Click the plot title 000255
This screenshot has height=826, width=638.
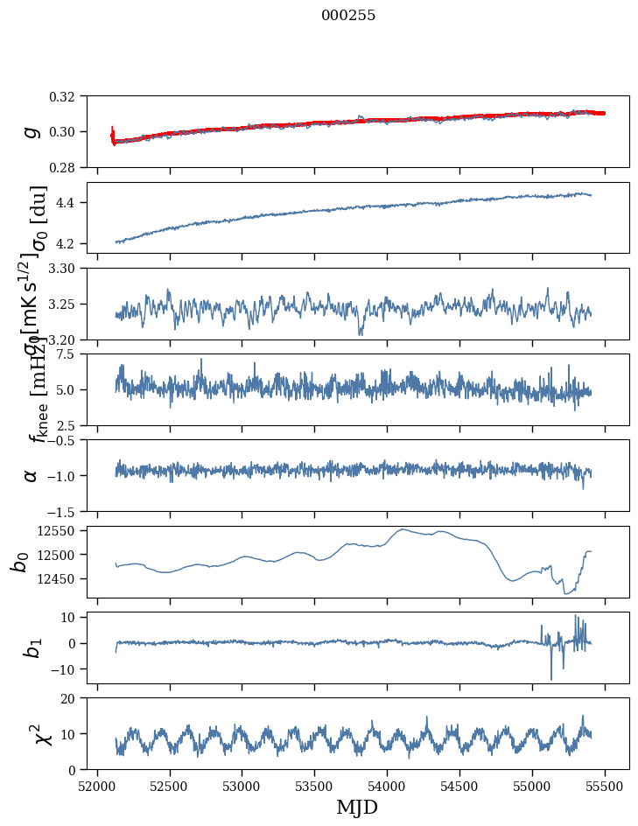(x=348, y=16)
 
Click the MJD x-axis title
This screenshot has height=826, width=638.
(x=357, y=807)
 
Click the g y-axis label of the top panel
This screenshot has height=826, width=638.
(x=32, y=131)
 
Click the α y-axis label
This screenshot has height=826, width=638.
(x=32, y=475)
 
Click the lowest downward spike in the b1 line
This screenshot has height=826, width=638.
(x=551, y=679)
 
